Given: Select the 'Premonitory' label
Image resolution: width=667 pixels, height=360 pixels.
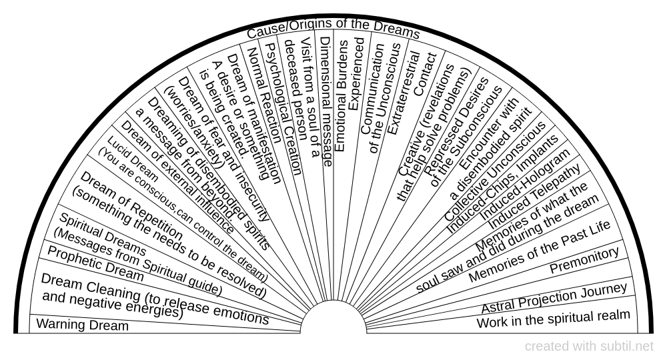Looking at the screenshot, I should pos(584,261).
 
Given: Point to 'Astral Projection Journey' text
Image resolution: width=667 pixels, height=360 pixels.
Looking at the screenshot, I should pos(554,297).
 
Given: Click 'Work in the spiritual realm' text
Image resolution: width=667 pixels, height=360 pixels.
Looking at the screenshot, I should pos(553,319).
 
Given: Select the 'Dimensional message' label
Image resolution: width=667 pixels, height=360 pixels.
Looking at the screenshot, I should pos(326,100).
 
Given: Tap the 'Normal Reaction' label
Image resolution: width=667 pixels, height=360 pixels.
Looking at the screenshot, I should pos(264,113).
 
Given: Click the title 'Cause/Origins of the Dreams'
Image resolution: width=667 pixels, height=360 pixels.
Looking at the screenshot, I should pos(333,31).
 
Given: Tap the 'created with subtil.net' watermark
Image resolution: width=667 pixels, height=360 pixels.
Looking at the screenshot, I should pos(589,347).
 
